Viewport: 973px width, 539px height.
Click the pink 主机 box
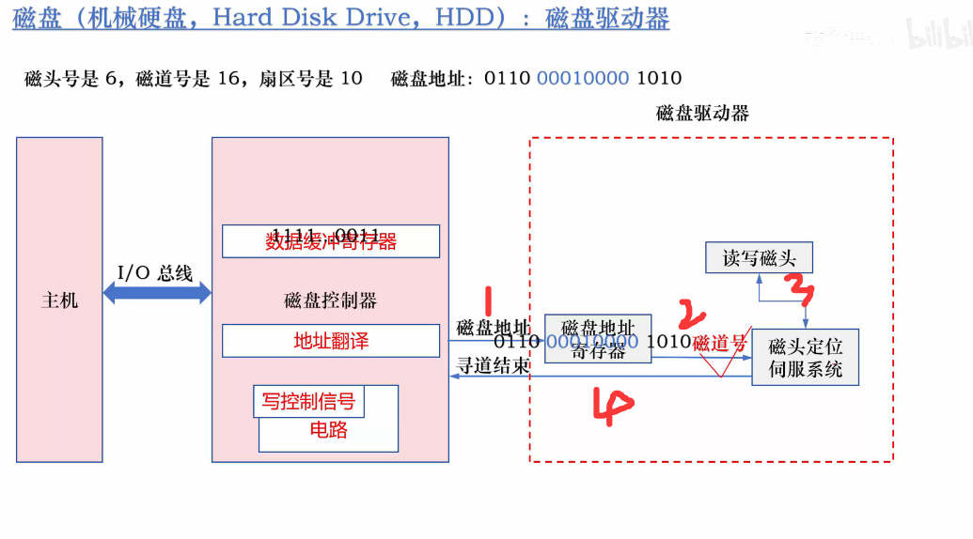(x=59, y=300)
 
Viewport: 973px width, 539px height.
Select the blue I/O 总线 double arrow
(x=157, y=294)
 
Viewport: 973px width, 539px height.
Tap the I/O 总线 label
(x=155, y=273)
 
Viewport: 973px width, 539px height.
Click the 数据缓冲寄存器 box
(x=330, y=241)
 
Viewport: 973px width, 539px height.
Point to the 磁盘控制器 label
(x=330, y=300)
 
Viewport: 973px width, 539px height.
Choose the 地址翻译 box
(x=330, y=341)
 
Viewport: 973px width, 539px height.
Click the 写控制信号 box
(x=308, y=402)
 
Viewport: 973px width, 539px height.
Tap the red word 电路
(x=328, y=430)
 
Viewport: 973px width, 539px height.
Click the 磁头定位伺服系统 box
(x=805, y=357)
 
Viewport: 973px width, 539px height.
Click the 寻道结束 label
(x=493, y=365)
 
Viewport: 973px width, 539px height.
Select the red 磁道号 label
(x=719, y=344)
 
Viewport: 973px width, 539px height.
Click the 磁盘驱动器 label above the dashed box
(x=702, y=113)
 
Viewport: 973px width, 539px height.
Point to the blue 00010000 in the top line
(x=582, y=78)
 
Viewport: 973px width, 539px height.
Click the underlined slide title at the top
(x=340, y=19)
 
